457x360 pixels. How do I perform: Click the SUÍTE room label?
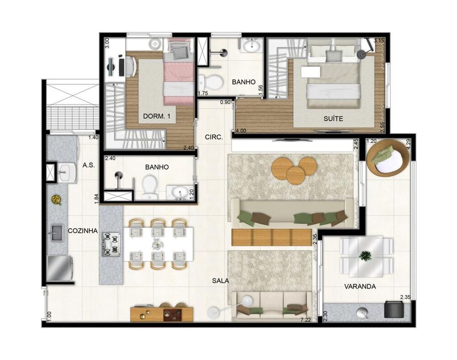[333, 119]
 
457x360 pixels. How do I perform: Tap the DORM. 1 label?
[156, 116]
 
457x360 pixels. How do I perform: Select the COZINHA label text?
[82, 231]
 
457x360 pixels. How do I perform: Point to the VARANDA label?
[360, 286]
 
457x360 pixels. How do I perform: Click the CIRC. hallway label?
[214, 137]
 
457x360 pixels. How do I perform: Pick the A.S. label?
[89, 165]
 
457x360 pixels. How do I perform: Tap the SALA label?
[221, 281]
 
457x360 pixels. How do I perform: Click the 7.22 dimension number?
[305, 320]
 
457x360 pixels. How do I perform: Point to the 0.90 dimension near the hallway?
[225, 102]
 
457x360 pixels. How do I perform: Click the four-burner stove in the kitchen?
[111, 244]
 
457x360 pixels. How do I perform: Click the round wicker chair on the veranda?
[388, 158]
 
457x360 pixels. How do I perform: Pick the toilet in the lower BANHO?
[150, 187]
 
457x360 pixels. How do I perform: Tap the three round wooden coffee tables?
[294, 171]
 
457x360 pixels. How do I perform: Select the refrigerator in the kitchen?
[59, 269]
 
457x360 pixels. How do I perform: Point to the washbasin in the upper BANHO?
[251, 45]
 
